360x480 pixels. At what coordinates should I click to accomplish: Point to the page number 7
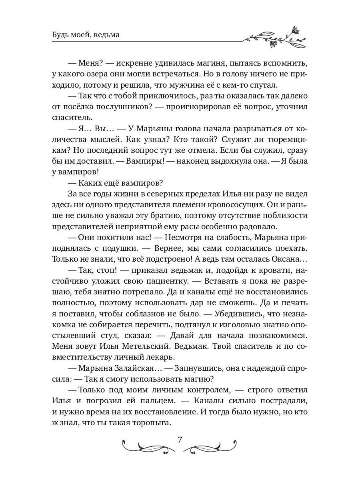click(180, 440)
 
